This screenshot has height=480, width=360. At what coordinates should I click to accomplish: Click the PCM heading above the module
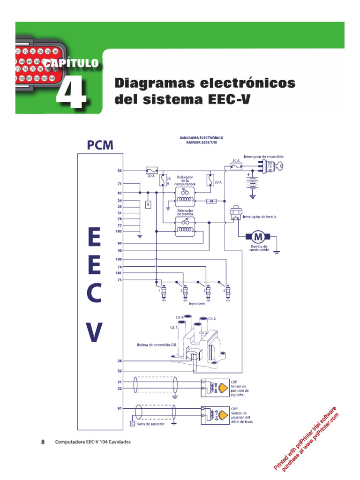click(100, 145)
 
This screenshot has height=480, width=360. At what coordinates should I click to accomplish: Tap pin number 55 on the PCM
click(120, 171)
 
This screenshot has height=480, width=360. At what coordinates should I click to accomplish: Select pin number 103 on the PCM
click(119, 231)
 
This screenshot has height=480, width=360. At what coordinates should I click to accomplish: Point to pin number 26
click(120, 361)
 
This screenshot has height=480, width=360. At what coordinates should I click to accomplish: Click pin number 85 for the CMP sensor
click(120, 408)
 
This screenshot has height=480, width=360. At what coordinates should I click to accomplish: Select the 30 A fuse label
click(236, 160)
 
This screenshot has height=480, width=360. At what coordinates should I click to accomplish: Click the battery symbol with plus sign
click(253, 183)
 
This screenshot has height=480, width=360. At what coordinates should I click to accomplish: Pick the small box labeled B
click(148, 205)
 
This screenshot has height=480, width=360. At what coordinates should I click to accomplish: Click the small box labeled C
click(132, 424)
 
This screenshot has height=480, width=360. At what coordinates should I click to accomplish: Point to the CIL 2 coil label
click(211, 319)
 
